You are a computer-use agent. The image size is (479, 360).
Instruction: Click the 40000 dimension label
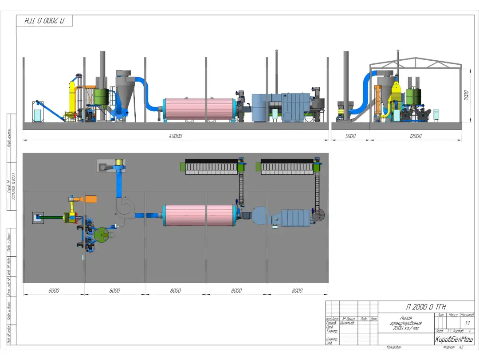click(x=176, y=136)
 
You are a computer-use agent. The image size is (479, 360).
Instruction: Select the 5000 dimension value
click(x=350, y=136)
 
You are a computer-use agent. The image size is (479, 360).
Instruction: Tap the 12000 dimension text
click(x=415, y=136)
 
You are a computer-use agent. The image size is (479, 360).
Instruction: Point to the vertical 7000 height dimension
click(x=466, y=95)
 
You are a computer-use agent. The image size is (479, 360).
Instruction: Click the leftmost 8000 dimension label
click(x=54, y=290)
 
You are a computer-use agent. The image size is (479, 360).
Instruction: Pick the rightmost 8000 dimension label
click(x=297, y=290)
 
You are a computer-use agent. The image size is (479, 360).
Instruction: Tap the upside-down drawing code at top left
click(x=44, y=21)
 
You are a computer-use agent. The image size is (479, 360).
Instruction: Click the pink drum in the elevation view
click(x=199, y=109)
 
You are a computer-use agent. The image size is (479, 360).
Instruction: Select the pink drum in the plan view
click(x=199, y=215)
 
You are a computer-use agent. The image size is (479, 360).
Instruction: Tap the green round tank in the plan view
click(x=102, y=235)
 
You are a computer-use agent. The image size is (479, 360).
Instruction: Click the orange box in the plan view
click(x=91, y=199)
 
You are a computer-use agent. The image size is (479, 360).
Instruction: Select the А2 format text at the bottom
click(x=461, y=348)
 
